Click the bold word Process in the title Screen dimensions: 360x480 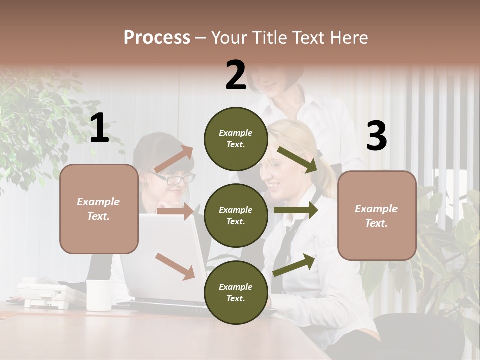[x=157, y=37]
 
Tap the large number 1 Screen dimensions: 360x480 [x=99, y=128]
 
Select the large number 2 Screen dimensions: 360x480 [x=236, y=75]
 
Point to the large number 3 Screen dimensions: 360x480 [x=376, y=136]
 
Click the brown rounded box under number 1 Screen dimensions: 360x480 [x=99, y=209]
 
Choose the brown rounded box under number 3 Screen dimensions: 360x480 [x=377, y=216]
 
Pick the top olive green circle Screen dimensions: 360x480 [x=236, y=139]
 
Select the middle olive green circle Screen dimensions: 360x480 [x=236, y=215]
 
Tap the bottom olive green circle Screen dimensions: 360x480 [x=236, y=292]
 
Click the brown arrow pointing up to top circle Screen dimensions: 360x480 [x=173, y=160]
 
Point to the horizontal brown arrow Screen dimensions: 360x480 [x=175, y=211]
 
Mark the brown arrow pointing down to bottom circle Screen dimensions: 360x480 [x=175, y=266]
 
